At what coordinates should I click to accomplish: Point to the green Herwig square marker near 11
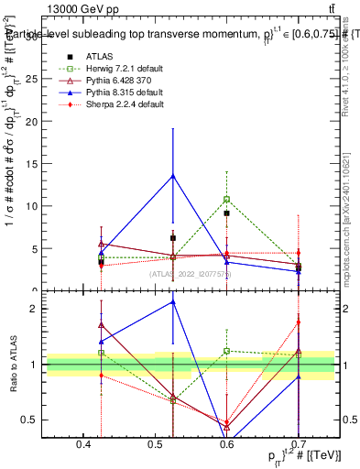tap(226, 199)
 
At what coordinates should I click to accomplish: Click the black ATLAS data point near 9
tap(226, 213)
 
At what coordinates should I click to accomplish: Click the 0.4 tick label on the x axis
tap(84, 444)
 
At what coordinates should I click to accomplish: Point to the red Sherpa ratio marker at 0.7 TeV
tap(299, 322)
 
